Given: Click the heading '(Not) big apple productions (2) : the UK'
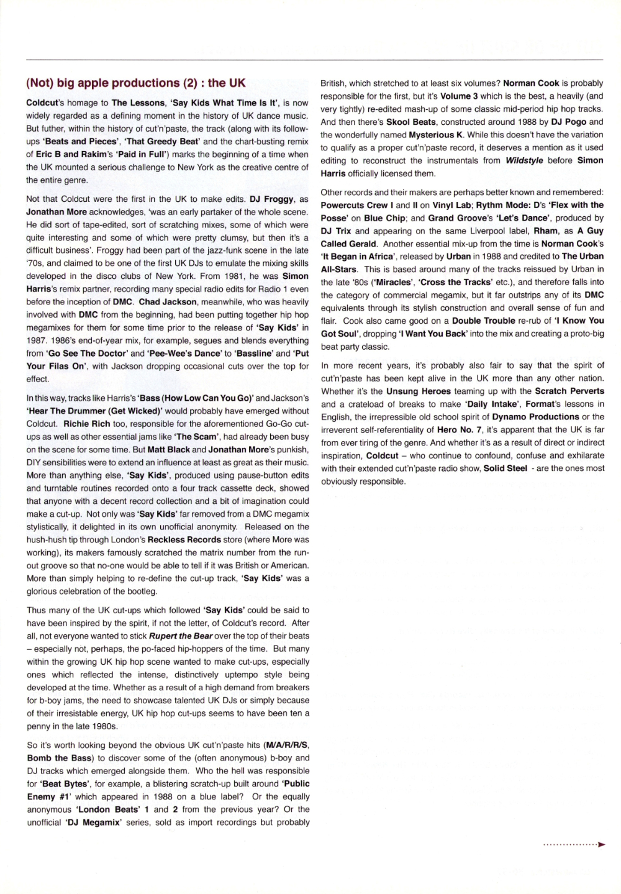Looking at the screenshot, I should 136,83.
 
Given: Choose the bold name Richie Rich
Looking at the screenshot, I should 86,424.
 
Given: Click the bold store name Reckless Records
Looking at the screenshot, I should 184,540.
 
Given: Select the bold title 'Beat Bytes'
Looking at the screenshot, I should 65,784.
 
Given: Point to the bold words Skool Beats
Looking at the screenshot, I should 411,122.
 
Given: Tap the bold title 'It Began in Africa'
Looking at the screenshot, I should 357,257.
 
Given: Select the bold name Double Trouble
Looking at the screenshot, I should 483,321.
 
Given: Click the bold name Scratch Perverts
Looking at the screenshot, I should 569,391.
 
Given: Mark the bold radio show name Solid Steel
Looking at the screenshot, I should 505,468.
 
